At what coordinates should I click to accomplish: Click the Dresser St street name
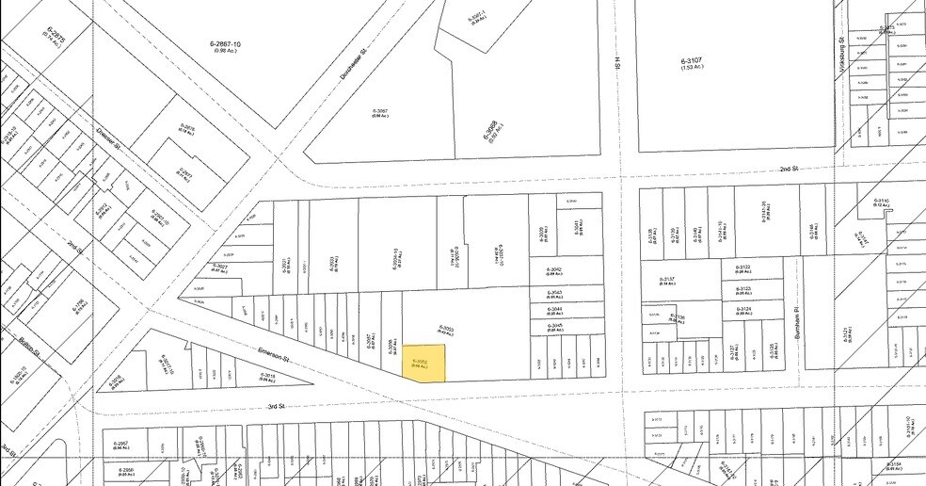(x=110, y=142)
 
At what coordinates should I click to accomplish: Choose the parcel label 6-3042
(x=554, y=273)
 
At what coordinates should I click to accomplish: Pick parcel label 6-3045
(x=554, y=328)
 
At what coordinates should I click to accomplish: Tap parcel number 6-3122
(x=744, y=269)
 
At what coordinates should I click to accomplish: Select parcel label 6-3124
(x=744, y=308)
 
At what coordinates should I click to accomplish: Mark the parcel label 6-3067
(x=380, y=112)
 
